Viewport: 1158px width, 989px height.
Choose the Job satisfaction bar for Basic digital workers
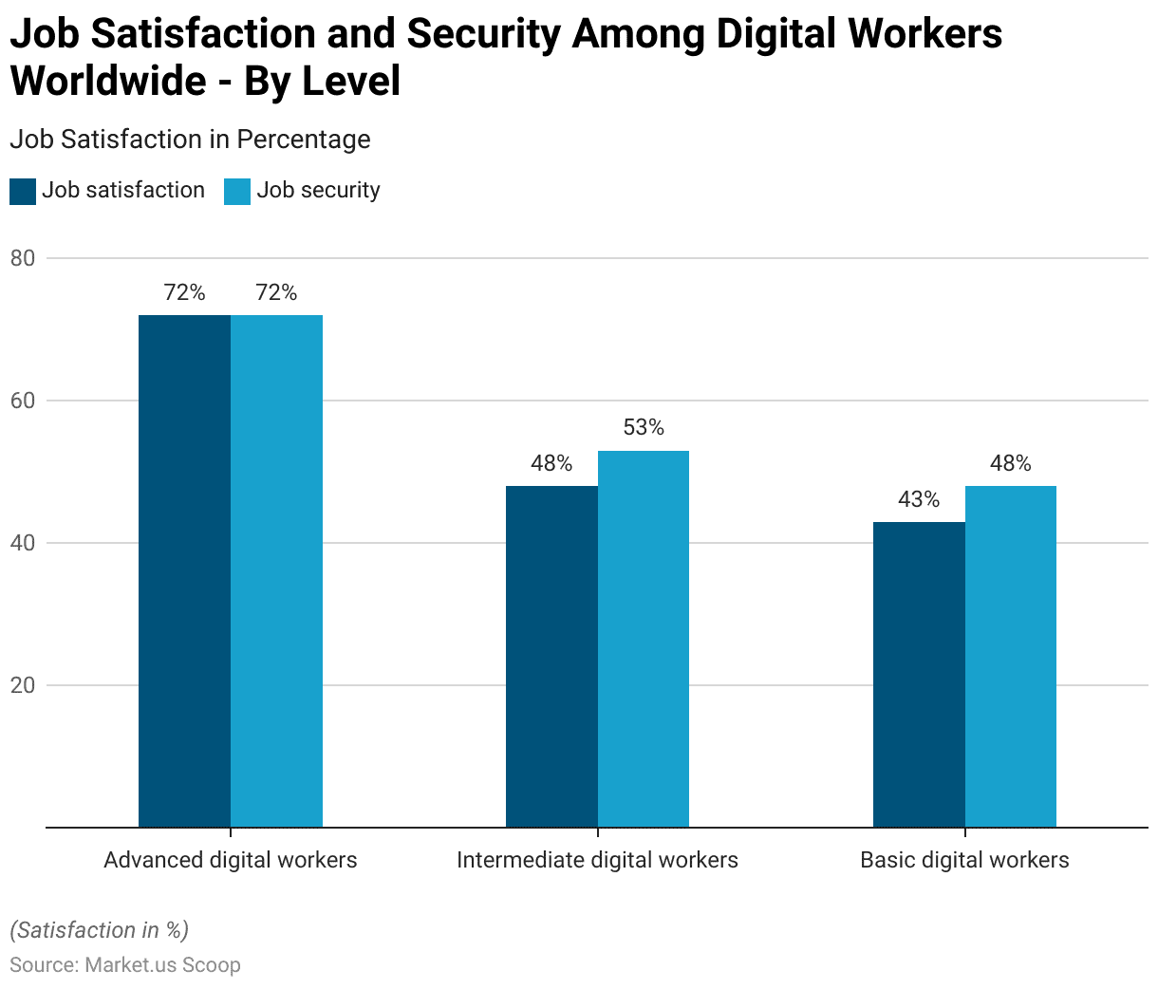pyautogui.click(x=919, y=675)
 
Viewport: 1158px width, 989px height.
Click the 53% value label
pyautogui.click(x=644, y=428)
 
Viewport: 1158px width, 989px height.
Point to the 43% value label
pyautogui.click(x=919, y=499)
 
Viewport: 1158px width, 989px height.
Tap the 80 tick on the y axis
pyautogui.click(x=23, y=258)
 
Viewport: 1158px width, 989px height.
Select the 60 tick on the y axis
pyautogui.click(x=23, y=401)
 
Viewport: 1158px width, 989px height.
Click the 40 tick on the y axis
pyautogui.click(x=23, y=543)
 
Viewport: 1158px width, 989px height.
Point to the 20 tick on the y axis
pyautogui.click(x=23, y=685)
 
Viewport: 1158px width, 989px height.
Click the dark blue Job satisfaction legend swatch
pyautogui.click(x=23, y=191)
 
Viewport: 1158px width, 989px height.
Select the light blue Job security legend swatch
pyautogui.click(x=237, y=191)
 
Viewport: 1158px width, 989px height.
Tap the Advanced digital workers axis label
pyautogui.click(x=231, y=860)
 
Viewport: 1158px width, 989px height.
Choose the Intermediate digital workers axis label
pyautogui.click(x=597, y=860)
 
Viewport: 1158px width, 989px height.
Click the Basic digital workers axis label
pyautogui.click(x=964, y=860)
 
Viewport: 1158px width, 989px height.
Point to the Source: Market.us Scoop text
pyautogui.click(x=125, y=965)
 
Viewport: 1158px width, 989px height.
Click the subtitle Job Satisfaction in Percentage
pyautogui.click(x=190, y=140)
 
